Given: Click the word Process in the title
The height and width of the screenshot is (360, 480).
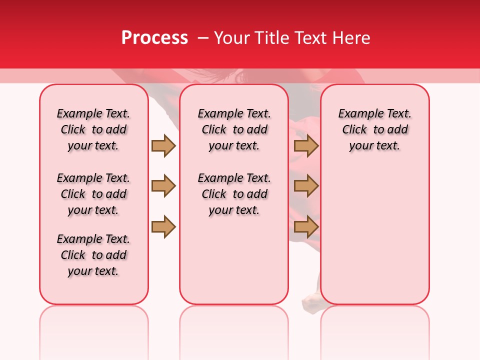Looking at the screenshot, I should coord(154,38).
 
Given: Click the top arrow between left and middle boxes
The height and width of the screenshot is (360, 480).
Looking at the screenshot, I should coord(163,145).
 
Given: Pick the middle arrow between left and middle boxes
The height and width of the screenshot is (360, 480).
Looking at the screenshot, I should coord(163,186).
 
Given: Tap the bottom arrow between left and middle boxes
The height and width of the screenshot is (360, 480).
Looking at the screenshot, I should coord(163,227).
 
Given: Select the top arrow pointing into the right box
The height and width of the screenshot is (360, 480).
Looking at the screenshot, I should coord(306,145).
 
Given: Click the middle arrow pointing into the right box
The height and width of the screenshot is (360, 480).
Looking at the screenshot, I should coord(306,186).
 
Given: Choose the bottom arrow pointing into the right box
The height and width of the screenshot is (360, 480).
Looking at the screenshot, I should coord(306,227).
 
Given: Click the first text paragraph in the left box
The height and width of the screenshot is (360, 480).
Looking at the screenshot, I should coord(93,129).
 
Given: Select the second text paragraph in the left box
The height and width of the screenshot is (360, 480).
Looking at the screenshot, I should coord(93,194).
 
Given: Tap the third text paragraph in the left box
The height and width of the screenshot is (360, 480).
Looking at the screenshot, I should coord(93,255).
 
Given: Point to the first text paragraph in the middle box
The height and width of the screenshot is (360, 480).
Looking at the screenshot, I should coord(234,129).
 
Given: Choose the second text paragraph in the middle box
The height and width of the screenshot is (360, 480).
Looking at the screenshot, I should coord(234,194).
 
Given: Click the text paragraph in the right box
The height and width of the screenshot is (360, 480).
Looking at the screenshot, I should coord(374,129).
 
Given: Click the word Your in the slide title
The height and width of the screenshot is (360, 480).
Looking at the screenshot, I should coord(230,38).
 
